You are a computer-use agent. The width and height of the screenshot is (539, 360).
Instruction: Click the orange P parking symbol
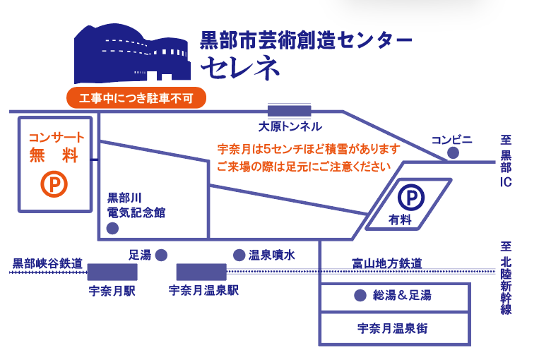[54, 184]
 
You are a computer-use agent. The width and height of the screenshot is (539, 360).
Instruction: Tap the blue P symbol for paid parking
[411, 197]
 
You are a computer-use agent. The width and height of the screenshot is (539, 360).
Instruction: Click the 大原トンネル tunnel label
[290, 127]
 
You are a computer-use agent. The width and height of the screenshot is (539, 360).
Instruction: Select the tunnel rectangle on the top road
[290, 111]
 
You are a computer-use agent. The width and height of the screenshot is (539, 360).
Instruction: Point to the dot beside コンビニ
[453, 152]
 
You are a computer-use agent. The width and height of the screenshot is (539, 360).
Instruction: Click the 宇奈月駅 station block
[112, 272]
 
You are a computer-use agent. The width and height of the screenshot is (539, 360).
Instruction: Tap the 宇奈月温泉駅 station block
[201, 272]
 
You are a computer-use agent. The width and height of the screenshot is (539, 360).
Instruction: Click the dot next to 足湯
[161, 256]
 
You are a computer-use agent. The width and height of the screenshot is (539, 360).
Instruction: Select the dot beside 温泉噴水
[239, 256]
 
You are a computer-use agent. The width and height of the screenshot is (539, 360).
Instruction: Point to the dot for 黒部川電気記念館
[112, 229]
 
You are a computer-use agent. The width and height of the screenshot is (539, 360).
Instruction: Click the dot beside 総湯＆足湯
[360, 296]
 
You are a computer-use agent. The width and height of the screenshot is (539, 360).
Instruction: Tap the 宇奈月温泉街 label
[393, 328]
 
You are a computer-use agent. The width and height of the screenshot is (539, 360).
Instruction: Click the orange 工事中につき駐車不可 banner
[136, 98]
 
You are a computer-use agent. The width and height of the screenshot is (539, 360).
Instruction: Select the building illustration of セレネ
[132, 54]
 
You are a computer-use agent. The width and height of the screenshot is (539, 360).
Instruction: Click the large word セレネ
[240, 67]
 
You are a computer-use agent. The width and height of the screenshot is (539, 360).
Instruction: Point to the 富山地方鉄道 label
[387, 263]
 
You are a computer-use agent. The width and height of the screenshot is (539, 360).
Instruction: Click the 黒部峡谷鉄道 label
[47, 263]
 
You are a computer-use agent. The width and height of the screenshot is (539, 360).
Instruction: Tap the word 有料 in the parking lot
[400, 220]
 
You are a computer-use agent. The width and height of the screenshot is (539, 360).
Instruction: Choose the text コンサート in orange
[57, 138]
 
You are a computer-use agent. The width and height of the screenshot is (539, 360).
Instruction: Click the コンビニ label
[451, 140]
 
